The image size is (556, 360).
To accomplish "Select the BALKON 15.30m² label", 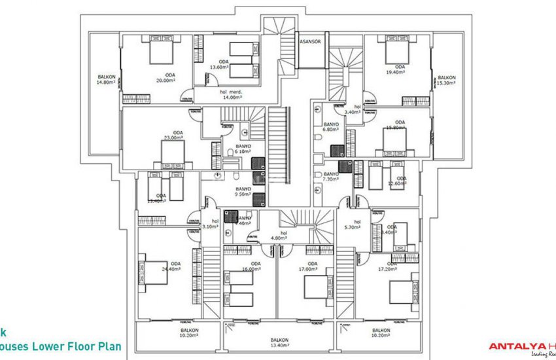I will coord(447,80).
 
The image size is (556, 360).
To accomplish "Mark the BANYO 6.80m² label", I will coord(332,127).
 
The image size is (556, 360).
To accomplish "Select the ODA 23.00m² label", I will coord(173,135).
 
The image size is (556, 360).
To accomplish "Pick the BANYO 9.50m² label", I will coord(243,191).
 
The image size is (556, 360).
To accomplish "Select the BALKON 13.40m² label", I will coord(280,343).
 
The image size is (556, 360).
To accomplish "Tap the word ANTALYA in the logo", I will coord(513,347).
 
